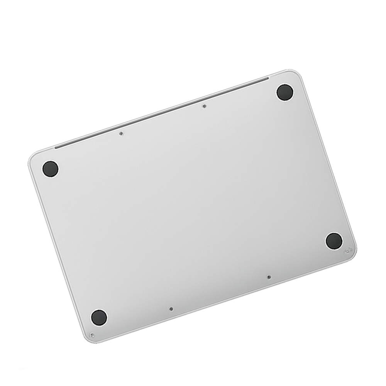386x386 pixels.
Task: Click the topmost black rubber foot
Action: coord(285,93)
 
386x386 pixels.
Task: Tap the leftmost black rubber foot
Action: coord(50,169)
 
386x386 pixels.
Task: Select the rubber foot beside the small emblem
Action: coord(334,241)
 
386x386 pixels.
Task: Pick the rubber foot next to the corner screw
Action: coord(99,317)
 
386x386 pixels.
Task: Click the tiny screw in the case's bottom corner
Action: coord(91,335)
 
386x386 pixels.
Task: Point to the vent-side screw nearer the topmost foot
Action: coord(204,106)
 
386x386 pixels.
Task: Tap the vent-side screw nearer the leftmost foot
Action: coord(121,134)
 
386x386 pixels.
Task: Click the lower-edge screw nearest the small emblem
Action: coord(269,277)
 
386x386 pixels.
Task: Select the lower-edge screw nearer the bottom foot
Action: coord(171,309)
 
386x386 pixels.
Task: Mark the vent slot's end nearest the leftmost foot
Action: coord(56,147)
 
